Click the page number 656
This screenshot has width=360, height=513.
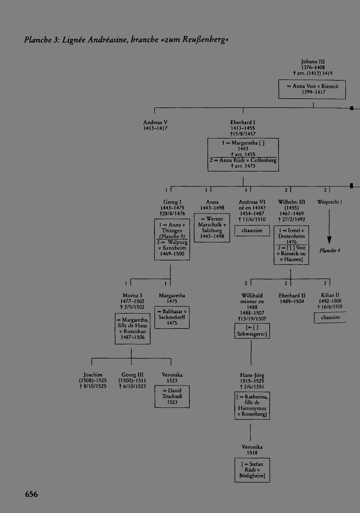coord(31,494)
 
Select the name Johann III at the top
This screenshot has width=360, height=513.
coord(312,62)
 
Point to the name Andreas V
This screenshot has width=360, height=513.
coord(155,122)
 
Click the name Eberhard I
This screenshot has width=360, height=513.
coord(243,122)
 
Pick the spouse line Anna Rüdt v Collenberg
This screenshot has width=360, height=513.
coord(243,160)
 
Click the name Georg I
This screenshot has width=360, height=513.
coord(172,202)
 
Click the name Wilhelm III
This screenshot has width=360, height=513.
coord(292,202)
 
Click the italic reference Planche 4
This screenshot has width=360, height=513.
coord(330,250)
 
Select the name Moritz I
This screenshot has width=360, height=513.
coord(132,295)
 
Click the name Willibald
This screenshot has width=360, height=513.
coord(252,295)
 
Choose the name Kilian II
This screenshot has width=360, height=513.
coord(330,295)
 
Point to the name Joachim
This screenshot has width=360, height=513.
coord(93,375)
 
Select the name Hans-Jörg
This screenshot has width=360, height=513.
coord(252,375)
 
